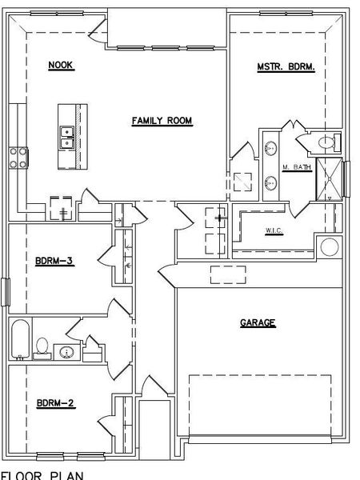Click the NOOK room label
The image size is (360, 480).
(61, 65)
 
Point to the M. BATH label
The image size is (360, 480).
(296, 167)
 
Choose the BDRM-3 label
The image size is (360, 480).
(55, 260)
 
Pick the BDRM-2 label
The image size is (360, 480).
(55, 404)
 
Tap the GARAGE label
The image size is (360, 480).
(258, 323)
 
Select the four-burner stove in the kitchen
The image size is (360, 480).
(18, 157)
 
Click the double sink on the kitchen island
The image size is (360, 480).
(67, 138)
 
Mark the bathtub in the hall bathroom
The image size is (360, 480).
(19, 340)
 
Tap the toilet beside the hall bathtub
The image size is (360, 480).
(42, 346)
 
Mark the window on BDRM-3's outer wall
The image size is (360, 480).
(6, 291)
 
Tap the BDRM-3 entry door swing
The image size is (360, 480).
(105, 256)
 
